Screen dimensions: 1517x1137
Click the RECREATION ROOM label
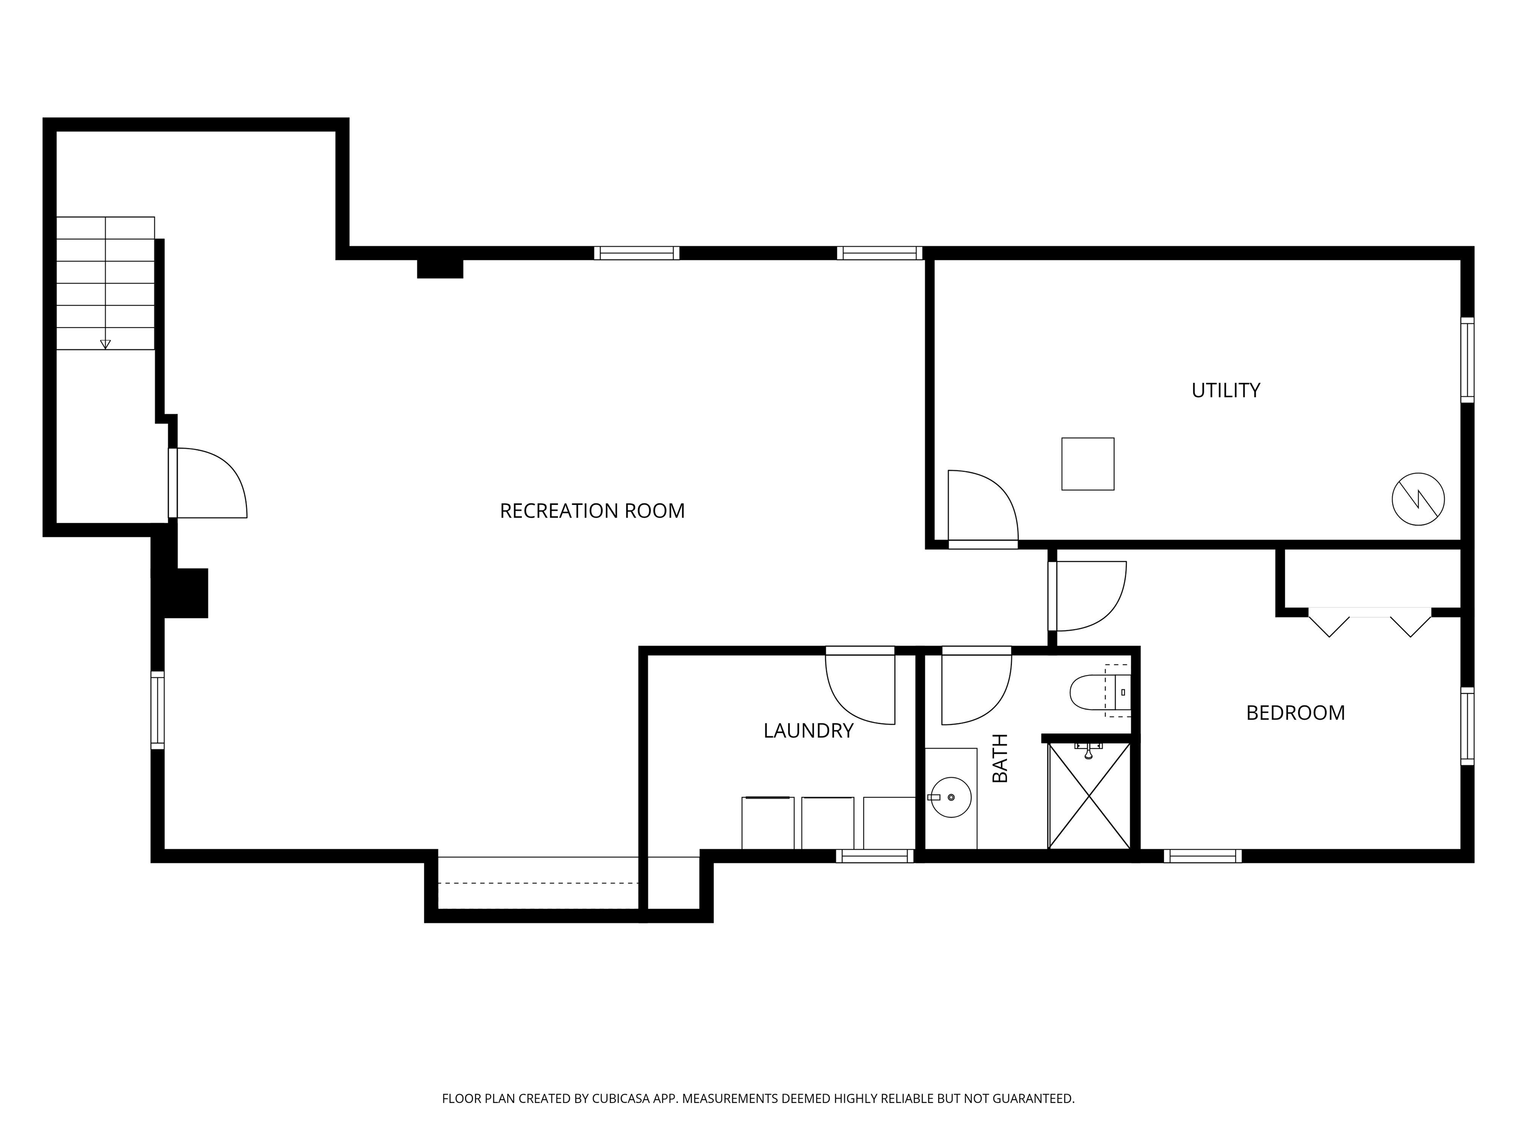(x=592, y=511)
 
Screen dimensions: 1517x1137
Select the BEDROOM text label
(x=1295, y=713)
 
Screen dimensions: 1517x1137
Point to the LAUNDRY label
(x=808, y=730)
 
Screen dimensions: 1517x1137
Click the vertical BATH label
(x=1000, y=758)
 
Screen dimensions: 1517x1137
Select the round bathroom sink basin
(x=951, y=797)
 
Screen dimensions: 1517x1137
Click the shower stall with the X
(x=1089, y=795)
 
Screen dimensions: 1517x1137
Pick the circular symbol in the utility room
(x=1418, y=499)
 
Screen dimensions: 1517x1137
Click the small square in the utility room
(x=1088, y=464)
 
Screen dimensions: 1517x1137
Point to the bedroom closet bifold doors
(x=1369, y=622)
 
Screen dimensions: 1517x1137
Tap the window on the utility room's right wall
(x=1467, y=360)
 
